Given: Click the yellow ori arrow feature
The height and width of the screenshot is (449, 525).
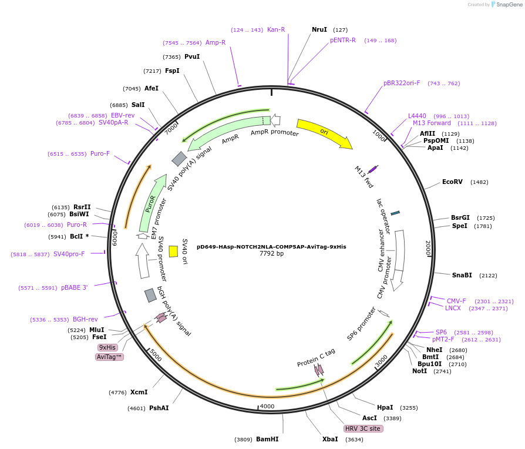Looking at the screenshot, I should (x=324, y=133).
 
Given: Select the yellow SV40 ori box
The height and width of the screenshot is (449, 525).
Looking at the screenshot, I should (x=173, y=252).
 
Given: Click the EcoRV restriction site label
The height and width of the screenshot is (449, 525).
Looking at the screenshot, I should (x=452, y=182).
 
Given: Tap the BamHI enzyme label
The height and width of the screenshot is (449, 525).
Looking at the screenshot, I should (x=267, y=439).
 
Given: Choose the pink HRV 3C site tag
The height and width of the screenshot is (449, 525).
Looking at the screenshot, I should (x=363, y=429).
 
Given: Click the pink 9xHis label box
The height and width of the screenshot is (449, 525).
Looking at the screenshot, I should (x=107, y=347).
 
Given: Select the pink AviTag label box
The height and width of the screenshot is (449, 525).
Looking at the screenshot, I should (x=109, y=357).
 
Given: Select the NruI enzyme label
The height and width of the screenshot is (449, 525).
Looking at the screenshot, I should (x=319, y=29).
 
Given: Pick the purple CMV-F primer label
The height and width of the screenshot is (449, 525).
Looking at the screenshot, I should (x=456, y=301).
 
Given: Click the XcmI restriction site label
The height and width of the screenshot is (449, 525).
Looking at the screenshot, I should (x=139, y=392).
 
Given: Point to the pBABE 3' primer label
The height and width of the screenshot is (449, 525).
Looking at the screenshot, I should (x=74, y=288).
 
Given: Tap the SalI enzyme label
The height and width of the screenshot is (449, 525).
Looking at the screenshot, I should (x=138, y=105).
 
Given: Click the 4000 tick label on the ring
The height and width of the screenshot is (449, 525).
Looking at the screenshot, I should (x=267, y=406).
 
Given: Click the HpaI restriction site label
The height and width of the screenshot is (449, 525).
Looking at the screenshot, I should (x=385, y=407).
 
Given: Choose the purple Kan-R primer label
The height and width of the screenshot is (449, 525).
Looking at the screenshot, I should (x=276, y=29).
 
